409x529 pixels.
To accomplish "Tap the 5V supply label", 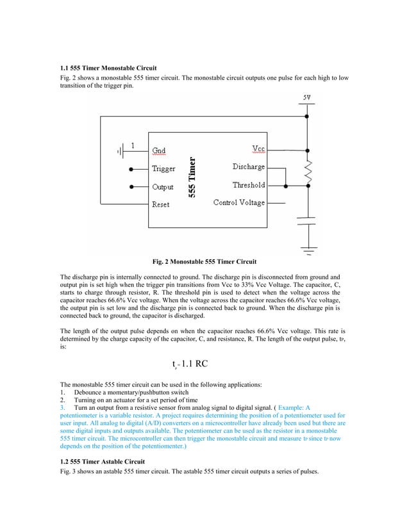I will tap(308, 97).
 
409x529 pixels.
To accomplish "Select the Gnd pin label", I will tap(158, 151).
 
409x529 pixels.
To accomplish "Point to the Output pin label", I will tap(163, 187).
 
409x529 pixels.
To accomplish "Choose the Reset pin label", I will tap(160, 204).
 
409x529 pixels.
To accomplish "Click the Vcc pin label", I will tap(258, 149).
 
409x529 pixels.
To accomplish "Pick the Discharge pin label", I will tap(248, 167).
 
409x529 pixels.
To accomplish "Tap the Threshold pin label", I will tap(249, 185).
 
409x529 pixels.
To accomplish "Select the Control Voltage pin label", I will tap(238, 203).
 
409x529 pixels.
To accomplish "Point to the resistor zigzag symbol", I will tap(308, 170).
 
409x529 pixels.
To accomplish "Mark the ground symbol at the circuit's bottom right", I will tap(308, 249).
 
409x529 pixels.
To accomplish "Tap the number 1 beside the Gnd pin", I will tap(132, 145).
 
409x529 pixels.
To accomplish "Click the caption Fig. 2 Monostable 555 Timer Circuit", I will tap(204, 262).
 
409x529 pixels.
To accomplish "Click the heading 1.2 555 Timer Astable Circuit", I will tap(102, 461).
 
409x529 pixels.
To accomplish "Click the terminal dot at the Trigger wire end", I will tap(132, 170).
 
